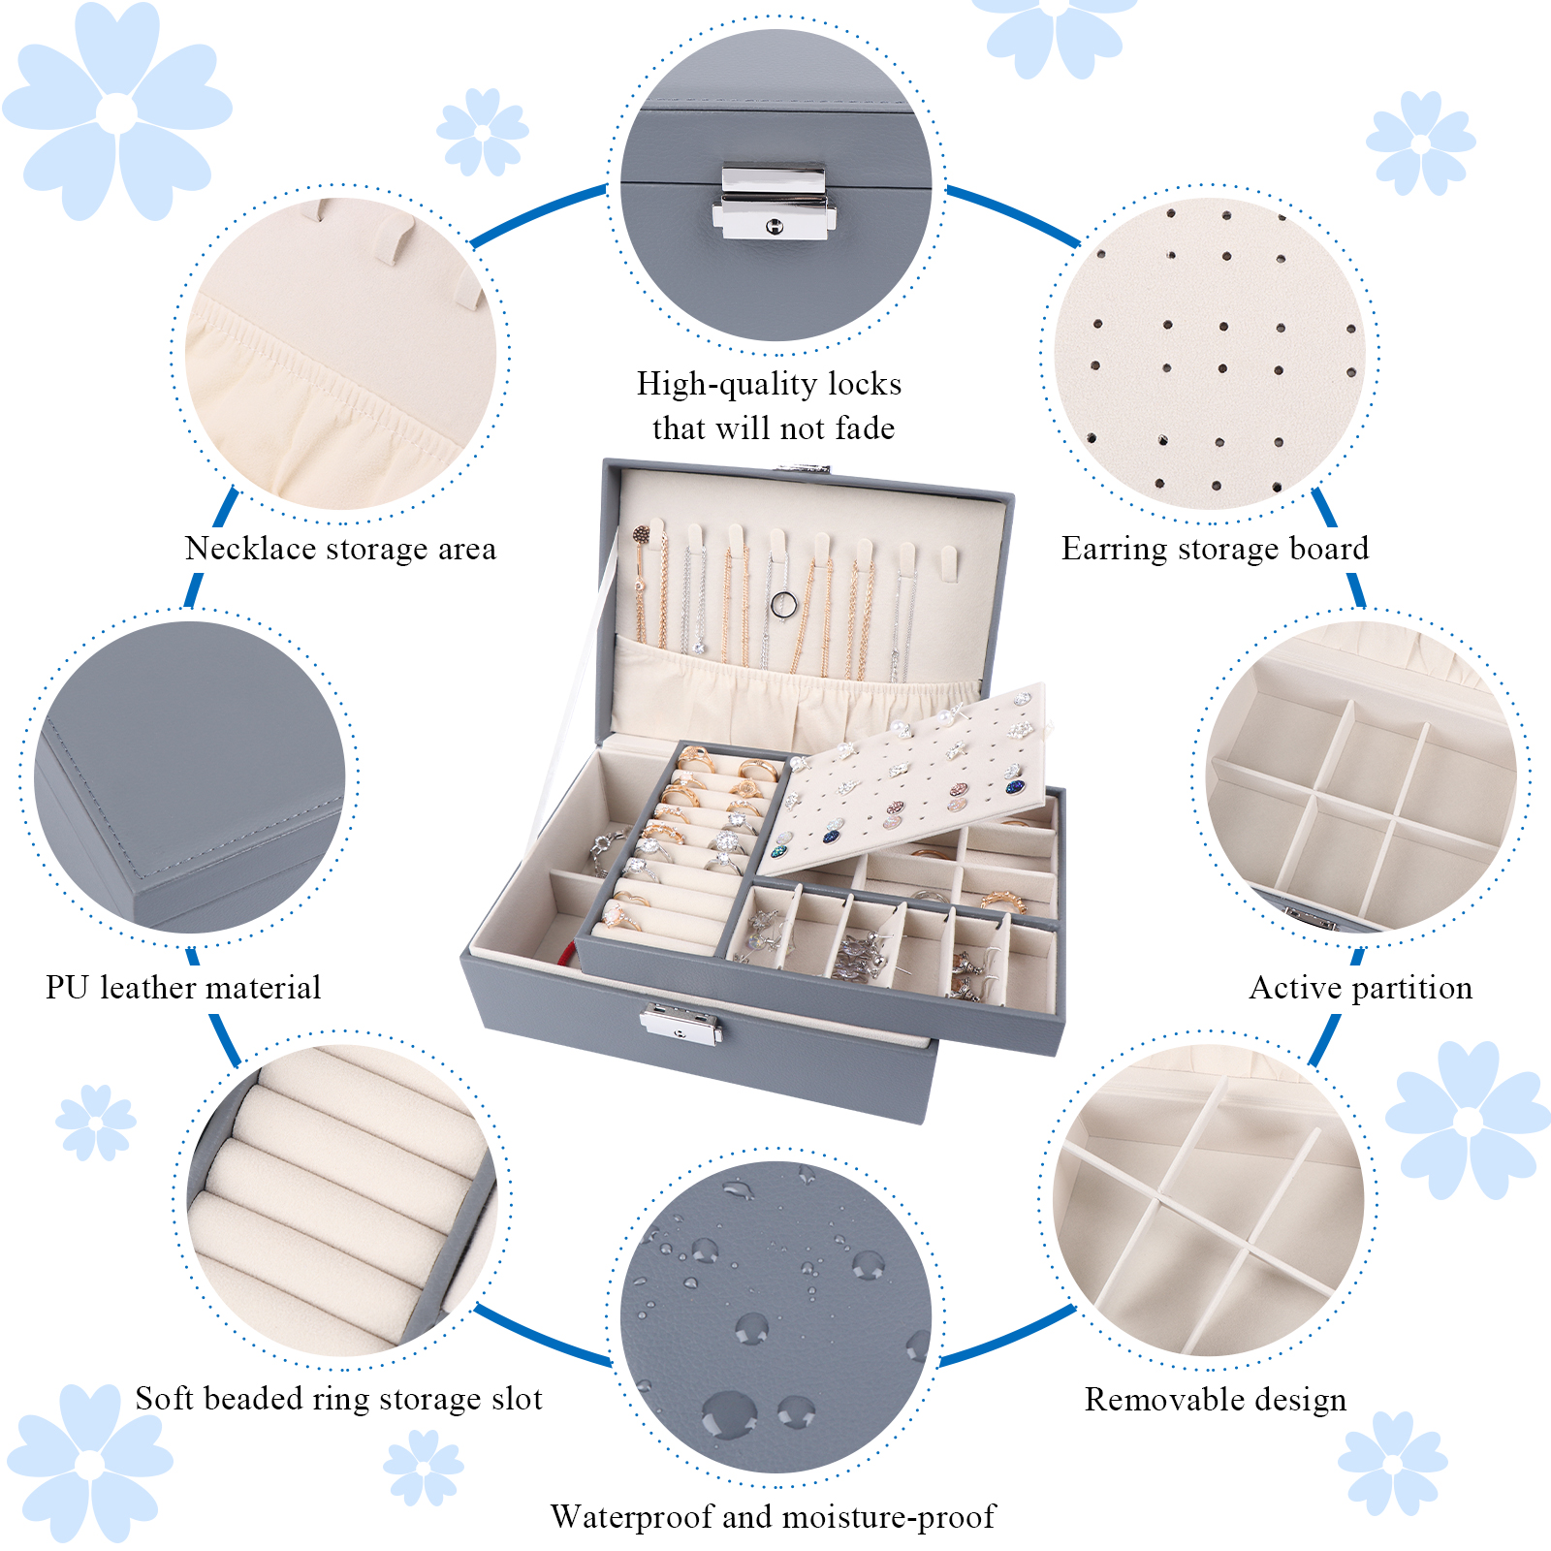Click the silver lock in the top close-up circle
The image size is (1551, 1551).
774,202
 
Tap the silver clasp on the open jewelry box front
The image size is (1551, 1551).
681,1024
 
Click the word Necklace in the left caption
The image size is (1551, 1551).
251,549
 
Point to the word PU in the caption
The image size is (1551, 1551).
67,988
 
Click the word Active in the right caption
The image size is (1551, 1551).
1295,988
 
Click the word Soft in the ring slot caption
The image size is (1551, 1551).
165,1399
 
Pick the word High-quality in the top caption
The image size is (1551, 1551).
730,385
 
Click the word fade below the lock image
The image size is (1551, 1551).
860,427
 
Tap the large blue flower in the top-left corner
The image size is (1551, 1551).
116,111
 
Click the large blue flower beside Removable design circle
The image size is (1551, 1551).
1468,1121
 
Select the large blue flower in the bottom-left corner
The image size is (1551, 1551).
89,1463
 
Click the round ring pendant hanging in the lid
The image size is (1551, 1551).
783,606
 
